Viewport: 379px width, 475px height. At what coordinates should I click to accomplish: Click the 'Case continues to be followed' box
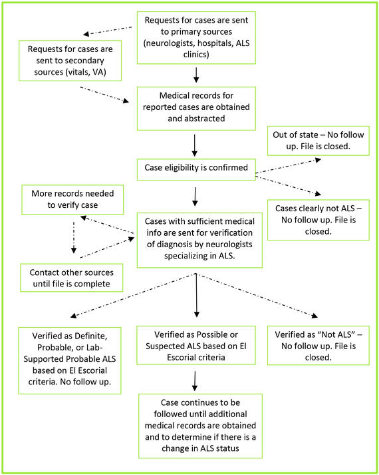pyautogui.click(x=200, y=424)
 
